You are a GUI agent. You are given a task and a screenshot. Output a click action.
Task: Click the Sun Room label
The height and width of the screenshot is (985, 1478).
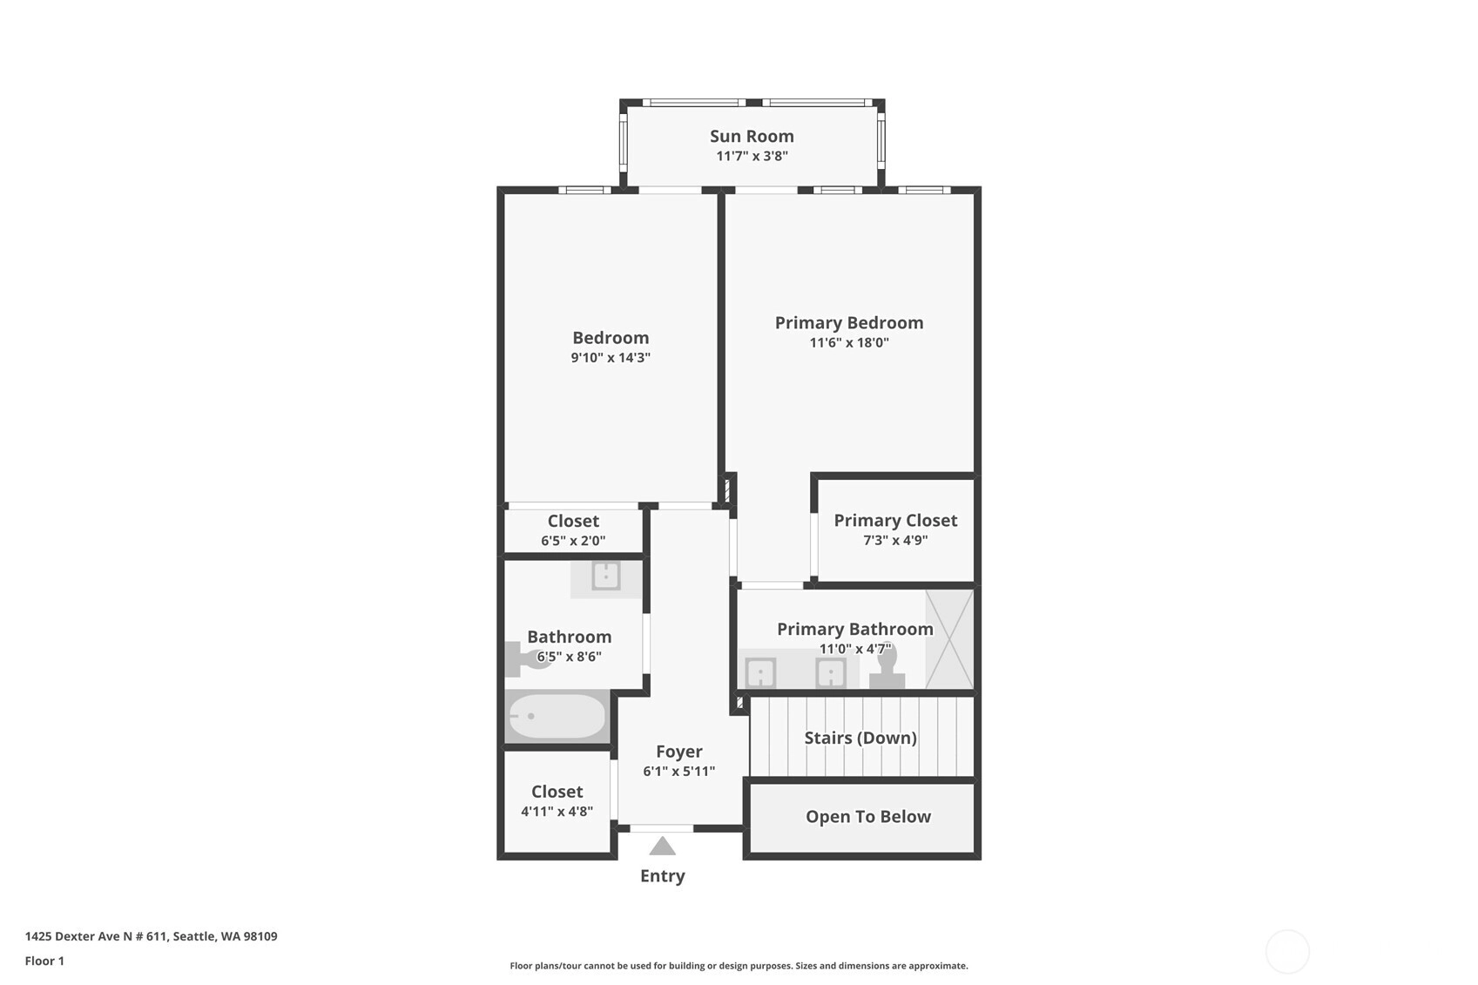tap(752, 136)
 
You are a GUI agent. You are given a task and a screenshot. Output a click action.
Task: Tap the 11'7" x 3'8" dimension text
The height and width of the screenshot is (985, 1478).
tap(752, 156)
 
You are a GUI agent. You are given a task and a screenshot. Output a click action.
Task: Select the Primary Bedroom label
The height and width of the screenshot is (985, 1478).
tap(849, 322)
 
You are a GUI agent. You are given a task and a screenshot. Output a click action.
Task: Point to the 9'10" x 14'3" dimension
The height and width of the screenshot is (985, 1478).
tap(611, 357)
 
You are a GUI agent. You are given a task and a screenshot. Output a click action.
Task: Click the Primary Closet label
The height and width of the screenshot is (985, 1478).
tap(895, 520)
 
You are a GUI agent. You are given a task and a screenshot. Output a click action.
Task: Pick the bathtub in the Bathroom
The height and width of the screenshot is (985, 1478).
tap(557, 716)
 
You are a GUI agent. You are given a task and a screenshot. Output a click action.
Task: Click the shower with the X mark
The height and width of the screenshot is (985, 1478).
tap(948, 639)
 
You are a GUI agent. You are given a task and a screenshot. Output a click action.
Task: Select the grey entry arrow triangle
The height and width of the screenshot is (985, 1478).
tap(663, 846)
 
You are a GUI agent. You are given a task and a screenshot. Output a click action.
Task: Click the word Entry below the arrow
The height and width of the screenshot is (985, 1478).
tap(663, 875)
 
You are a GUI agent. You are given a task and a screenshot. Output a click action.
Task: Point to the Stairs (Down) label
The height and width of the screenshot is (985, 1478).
tap(860, 738)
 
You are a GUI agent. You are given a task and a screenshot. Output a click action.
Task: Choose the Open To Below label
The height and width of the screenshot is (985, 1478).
tap(868, 816)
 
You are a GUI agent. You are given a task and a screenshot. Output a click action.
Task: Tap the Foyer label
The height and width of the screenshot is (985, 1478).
tap(679, 751)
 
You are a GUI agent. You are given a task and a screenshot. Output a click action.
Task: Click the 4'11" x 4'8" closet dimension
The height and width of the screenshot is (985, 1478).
tap(557, 811)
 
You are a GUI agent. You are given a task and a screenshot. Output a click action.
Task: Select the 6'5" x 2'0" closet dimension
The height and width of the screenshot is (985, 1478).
tap(573, 540)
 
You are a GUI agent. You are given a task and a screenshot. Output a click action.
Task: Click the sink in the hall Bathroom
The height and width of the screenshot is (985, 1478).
tap(605, 576)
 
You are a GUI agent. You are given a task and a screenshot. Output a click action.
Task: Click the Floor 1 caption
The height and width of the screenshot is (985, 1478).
tap(44, 961)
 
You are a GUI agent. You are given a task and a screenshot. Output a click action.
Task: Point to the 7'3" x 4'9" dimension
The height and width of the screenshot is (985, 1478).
tap(895, 540)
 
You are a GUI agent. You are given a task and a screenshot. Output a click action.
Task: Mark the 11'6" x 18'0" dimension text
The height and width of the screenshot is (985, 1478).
tap(849, 342)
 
